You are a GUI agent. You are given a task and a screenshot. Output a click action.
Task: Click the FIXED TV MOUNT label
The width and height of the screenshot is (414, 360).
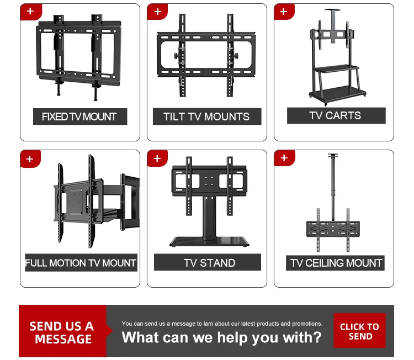point(79,117)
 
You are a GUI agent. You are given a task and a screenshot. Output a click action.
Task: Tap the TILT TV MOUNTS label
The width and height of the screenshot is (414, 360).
point(206,117)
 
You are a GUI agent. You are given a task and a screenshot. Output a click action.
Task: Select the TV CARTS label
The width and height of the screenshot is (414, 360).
point(335,115)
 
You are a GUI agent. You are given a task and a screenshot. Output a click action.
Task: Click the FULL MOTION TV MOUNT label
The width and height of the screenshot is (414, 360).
point(81,263)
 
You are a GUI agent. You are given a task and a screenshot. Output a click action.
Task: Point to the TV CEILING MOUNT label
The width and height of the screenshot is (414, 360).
point(336,263)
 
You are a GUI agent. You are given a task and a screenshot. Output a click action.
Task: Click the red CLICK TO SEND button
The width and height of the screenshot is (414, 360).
point(359,331)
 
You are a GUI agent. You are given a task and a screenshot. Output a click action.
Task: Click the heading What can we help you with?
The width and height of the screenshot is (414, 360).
point(221,337)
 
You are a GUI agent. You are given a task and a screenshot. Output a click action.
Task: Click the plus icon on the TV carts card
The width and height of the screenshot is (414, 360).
point(284,11)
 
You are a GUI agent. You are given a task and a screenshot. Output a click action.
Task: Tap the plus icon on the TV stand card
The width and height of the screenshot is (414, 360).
point(157,158)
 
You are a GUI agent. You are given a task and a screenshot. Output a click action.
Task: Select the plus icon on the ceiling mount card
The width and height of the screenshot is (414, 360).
point(284,158)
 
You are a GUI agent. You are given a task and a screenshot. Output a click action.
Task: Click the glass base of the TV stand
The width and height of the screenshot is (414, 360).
point(209,241)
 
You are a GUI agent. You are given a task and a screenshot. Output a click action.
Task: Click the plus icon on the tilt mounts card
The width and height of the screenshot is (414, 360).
point(157,11)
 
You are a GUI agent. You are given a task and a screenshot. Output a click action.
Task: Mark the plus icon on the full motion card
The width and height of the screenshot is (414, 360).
point(30,158)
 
